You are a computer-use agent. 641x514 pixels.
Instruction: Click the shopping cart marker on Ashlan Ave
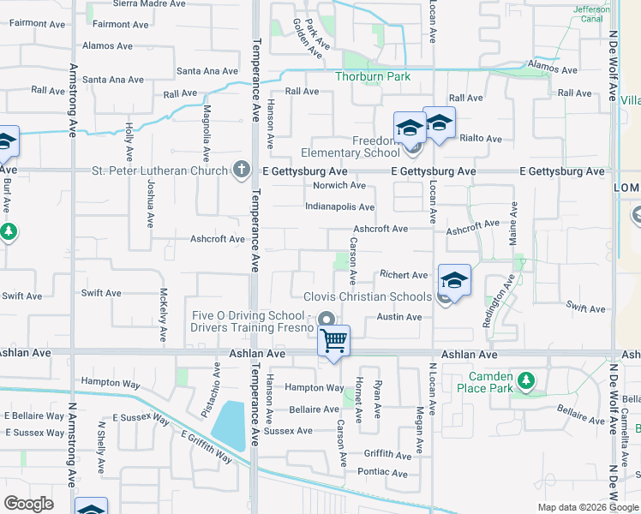333,340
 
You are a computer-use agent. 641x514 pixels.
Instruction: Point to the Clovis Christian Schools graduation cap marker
455,279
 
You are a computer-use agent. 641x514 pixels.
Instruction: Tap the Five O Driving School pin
326,321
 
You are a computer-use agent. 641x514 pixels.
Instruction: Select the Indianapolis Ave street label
339,207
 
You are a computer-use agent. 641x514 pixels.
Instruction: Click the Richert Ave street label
404,275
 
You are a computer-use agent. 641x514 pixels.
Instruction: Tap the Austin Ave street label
399,317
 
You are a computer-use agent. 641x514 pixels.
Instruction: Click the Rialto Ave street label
481,138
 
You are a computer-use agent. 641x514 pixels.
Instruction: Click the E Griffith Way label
206,445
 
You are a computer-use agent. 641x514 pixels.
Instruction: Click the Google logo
28,504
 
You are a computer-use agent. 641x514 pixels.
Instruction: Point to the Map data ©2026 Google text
587,507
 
